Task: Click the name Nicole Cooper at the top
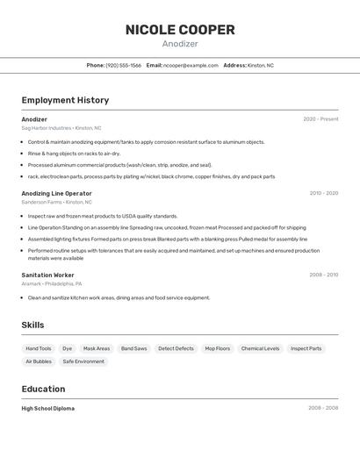pos(180,30)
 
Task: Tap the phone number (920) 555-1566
pos(123,65)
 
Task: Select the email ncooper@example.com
pos(191,65)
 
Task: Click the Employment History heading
pos(65,100)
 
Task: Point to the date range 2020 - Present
pos(320,119)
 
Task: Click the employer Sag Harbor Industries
pos(47,128)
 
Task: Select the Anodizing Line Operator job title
pos(56,193)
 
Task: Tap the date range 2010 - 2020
pos(323,193)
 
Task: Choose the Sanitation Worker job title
pos(47,275)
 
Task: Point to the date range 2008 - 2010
pos(323,275)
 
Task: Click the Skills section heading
pos(32,325)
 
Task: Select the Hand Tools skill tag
pos(39,348)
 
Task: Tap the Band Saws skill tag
pos(134,348)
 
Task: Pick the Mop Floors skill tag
pos(218,348)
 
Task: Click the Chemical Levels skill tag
pos(260,348)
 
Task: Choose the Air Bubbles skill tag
pos(39,361)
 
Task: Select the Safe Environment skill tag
pos(83,361)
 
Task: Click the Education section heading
pos(43,389)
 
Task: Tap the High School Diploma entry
pos(47,408)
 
